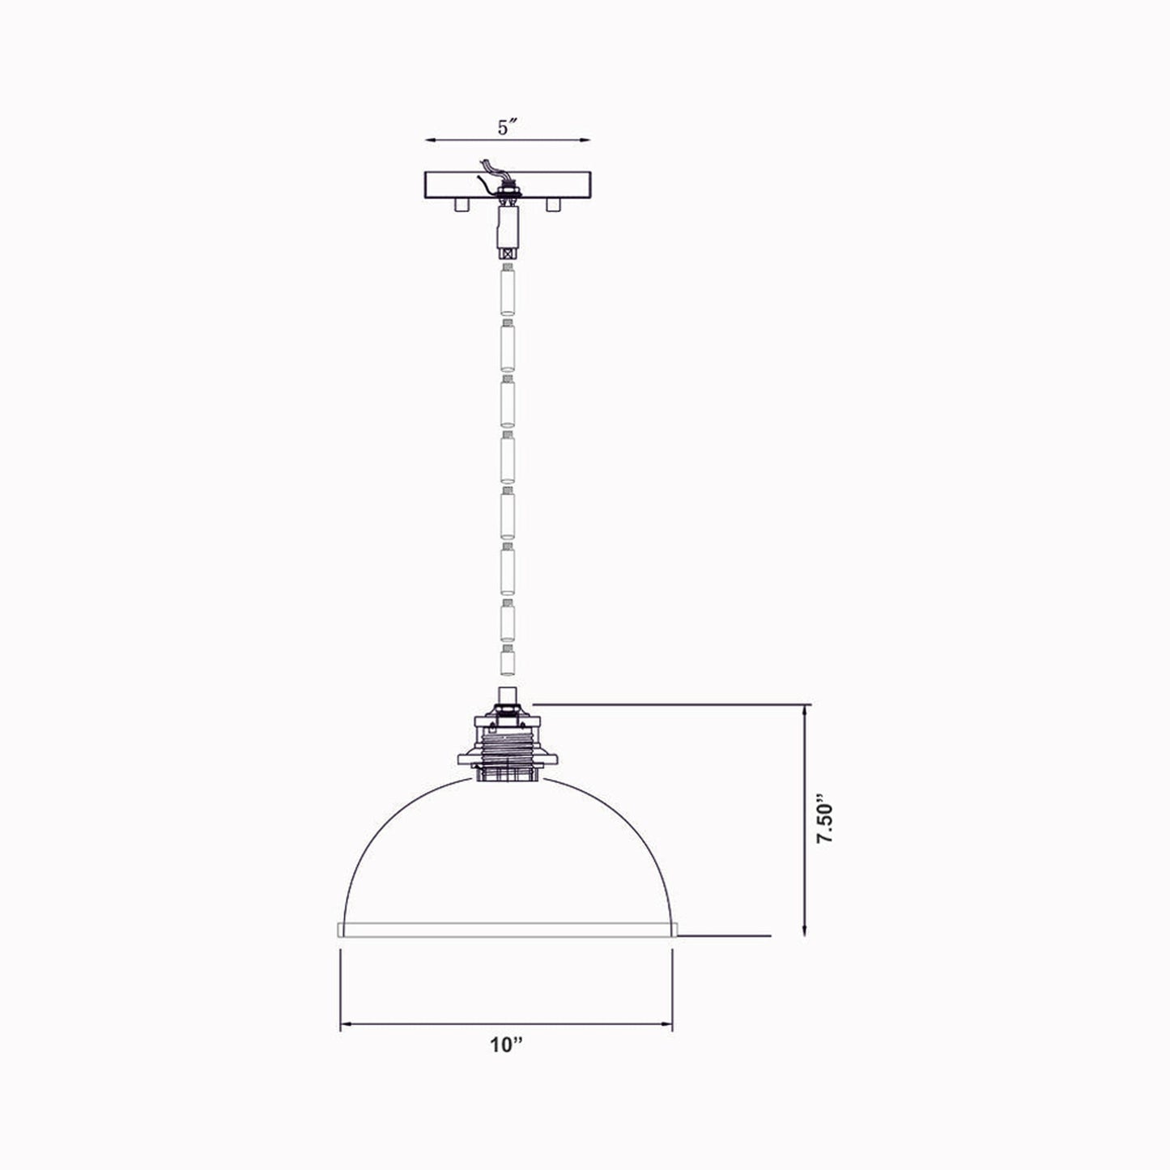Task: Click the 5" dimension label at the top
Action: pyautogui.click(x=508, y=128)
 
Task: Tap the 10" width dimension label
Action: pyautogui.click(x=508, y=1045)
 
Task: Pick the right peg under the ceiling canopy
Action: pyautogui.click(x=554, y=206)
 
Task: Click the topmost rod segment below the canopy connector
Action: pyautogui.click(x=508, y=292)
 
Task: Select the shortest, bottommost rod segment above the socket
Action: pyautogui.click(x=508, y=662)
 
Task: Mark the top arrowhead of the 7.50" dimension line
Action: pyautogui.click(x=804, y=710)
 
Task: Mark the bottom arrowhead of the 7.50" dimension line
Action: pyautogui.click(x=804, y=931)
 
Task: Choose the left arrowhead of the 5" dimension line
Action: pyautogui.click(x=431, y=140)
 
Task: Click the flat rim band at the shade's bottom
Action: pyautogui.click(x=508, y=930)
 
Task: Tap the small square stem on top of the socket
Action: pyautogui.click(x=508, y=696)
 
